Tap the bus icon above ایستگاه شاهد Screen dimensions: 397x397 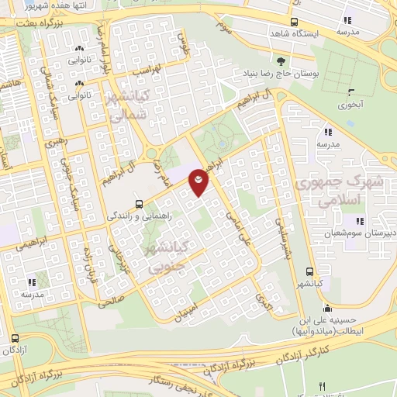(293, 22)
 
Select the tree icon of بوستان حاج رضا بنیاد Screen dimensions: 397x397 (279, 60)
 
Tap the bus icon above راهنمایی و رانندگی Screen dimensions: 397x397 (138, 204)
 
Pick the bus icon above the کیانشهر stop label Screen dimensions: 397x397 (309, 272)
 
